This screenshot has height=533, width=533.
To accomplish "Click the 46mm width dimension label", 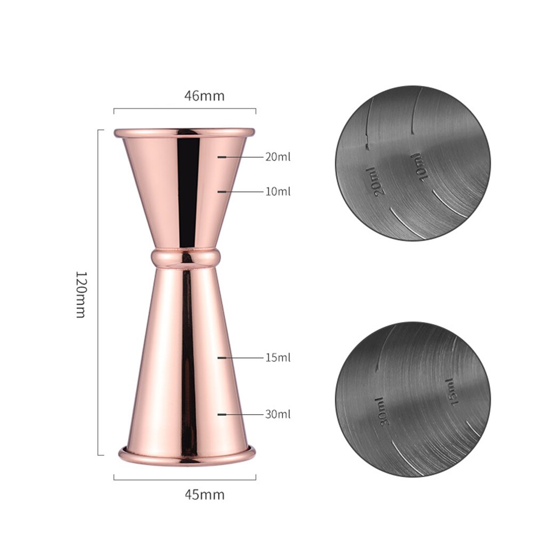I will [204, 96].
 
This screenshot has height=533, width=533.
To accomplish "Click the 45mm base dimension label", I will [204, 494].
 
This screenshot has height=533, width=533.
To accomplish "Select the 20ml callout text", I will [278, 157].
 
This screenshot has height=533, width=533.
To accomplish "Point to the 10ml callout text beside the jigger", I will [278, 191].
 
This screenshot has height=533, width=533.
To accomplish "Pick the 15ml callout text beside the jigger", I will [278, 358].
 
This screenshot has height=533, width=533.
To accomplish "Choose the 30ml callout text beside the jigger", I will [278, 414].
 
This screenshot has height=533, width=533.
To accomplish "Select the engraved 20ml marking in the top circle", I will [376, 181].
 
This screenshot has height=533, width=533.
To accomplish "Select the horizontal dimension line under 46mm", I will [184, 110].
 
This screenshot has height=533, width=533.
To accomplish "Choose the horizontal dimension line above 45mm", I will [184, 479].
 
